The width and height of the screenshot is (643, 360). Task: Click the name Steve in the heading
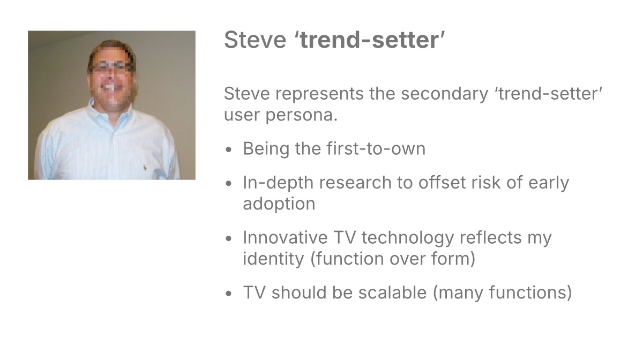coord(255,40)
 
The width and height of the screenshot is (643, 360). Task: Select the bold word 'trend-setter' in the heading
coord(370,40)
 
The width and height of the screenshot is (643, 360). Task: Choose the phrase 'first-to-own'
coord(376,148)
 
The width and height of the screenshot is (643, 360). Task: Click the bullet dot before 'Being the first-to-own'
coord(229,149)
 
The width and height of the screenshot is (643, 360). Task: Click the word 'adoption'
coord(279,204)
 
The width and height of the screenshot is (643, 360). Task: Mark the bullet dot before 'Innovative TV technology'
coord(229,238)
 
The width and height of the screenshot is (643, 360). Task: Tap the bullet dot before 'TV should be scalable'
coord(229,294)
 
